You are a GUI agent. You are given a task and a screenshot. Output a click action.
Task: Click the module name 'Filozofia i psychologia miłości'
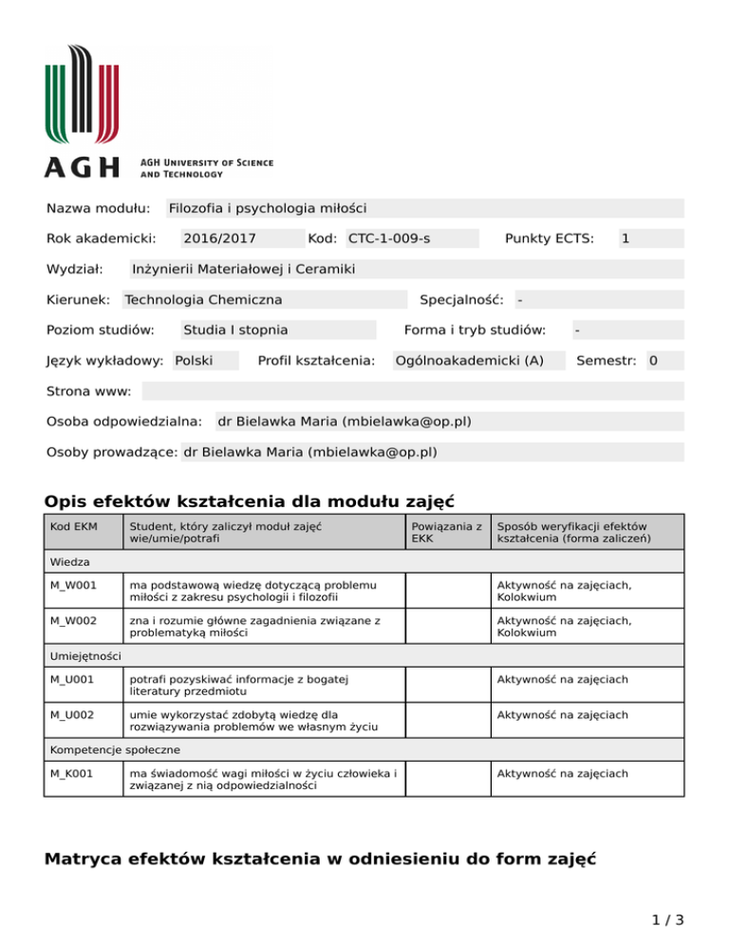[267, 208]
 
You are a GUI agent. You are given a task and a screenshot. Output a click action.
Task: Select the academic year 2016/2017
[219, 238]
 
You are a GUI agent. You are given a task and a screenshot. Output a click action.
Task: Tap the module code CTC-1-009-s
[389, 238]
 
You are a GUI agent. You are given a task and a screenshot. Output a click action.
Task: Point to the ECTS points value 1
[626, 238]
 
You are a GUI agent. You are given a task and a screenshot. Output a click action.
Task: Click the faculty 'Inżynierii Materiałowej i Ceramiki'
[243, 270]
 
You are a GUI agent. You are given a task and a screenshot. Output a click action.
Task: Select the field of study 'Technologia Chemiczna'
[203, 300]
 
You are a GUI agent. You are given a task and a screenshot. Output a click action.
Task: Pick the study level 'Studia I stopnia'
[235, 330]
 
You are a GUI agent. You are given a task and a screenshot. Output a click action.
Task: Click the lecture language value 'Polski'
[194, 361]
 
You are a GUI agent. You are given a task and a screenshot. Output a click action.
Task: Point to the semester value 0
[653, 361]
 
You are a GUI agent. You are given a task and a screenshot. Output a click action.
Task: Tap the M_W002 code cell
[72, 620]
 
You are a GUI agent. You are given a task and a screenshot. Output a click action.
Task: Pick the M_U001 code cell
[72, 679]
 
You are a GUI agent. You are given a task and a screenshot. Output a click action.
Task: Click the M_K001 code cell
[72, 773]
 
